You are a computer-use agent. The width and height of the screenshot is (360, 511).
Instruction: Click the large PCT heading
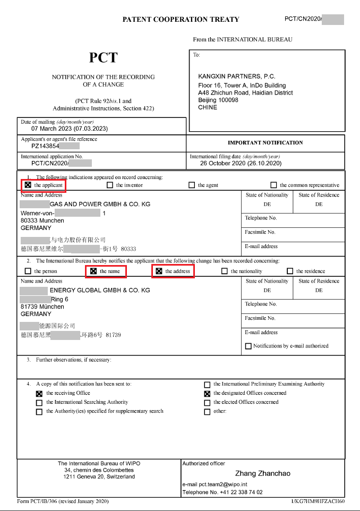point(103,58)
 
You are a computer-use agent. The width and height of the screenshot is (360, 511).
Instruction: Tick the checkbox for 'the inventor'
point(110,185)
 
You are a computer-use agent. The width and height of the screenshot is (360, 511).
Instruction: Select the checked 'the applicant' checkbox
point(28,185)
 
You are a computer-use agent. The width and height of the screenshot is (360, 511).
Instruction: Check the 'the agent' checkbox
point(192,185)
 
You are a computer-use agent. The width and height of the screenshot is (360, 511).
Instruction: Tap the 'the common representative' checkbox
point(273,185)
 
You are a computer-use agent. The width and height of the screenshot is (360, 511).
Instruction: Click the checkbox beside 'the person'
point(28,271)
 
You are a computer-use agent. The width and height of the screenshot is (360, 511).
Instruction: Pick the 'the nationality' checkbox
point(225,271)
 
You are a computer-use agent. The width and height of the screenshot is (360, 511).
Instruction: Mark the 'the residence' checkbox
point(290,271)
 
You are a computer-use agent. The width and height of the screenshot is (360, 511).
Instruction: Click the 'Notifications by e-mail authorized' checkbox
point(248,346)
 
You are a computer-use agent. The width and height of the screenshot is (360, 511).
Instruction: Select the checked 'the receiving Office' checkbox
point(39,394)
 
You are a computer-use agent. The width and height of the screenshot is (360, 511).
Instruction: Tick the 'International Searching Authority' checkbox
point(39,403)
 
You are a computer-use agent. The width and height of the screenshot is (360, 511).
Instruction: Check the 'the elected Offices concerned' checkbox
point(207,403)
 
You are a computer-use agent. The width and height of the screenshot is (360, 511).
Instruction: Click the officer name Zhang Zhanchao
point(263,473)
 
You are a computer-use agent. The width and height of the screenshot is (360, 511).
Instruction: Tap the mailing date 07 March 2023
point(70,129)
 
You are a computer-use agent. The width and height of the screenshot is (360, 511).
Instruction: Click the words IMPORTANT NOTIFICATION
point(265,143)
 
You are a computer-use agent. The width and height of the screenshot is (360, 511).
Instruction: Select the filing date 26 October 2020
point(241,164)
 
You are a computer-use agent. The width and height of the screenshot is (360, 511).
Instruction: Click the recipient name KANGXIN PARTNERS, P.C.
point(237,76)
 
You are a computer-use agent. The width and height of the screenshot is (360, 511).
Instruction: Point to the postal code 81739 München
point(42,307)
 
